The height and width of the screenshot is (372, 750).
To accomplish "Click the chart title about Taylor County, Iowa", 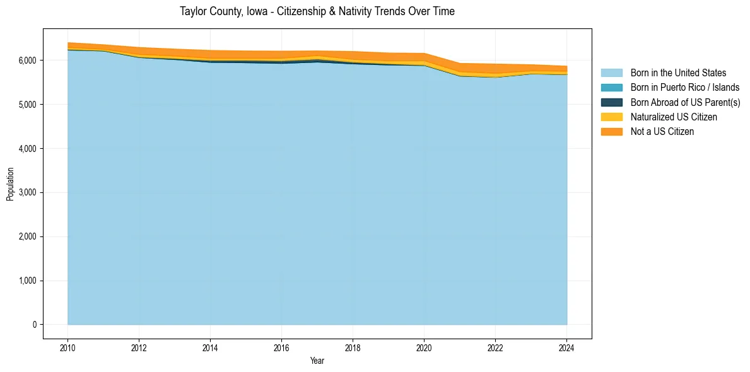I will coord(317,11).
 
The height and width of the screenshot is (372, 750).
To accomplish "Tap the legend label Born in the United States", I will coord(678,73).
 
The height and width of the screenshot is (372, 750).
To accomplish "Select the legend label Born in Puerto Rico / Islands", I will coord(685,88).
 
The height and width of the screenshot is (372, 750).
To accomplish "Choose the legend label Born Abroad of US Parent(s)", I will coord(685,102).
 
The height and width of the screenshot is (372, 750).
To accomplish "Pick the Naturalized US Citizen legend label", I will coord(674,117).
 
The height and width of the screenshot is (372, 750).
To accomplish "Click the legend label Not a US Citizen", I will coord(662,131).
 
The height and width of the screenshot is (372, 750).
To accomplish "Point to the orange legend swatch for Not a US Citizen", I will coord(611,131).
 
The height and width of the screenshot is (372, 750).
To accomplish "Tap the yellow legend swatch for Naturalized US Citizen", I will coord(611,117).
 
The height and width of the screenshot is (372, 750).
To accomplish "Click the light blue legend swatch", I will coord(611,73).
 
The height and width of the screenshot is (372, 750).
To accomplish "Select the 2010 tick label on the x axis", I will coord(67,347).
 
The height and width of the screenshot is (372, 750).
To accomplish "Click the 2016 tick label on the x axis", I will coord(281,347).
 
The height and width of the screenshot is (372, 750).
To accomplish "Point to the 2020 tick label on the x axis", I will coord(424,347).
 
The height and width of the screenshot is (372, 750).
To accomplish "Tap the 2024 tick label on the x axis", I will coord(566,347).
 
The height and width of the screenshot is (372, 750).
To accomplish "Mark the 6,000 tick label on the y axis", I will coord(27,61).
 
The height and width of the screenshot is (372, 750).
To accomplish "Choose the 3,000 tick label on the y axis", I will coord(27,192).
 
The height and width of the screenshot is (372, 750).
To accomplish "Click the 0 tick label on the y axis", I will coord(33,325).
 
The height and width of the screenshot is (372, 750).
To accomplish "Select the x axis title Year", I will coord(317,361).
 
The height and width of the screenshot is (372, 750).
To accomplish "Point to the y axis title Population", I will coord(10,184).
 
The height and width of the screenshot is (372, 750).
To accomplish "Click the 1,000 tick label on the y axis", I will coord(27,281).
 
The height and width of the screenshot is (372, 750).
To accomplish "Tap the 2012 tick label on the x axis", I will coord(139,347).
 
